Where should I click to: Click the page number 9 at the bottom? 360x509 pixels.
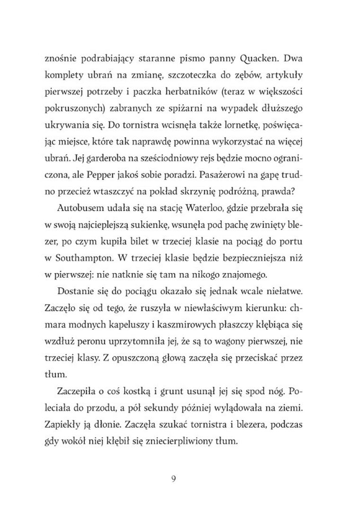(x=174, y=478)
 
